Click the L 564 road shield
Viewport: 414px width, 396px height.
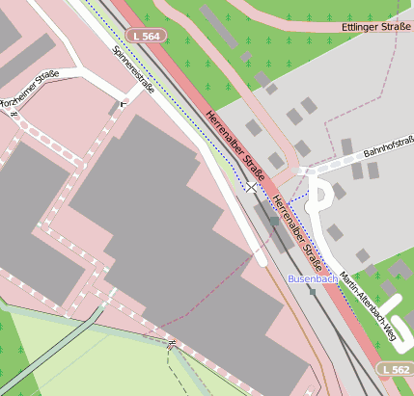tap(149, 36)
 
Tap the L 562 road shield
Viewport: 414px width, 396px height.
tap(395, 369)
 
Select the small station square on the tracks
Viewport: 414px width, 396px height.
tap(274, 221)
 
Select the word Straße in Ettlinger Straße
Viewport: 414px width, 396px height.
tap(393, 27)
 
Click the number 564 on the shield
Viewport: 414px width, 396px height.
tap(153, 36)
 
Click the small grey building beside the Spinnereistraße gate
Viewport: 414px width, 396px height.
tap(115, 109)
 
